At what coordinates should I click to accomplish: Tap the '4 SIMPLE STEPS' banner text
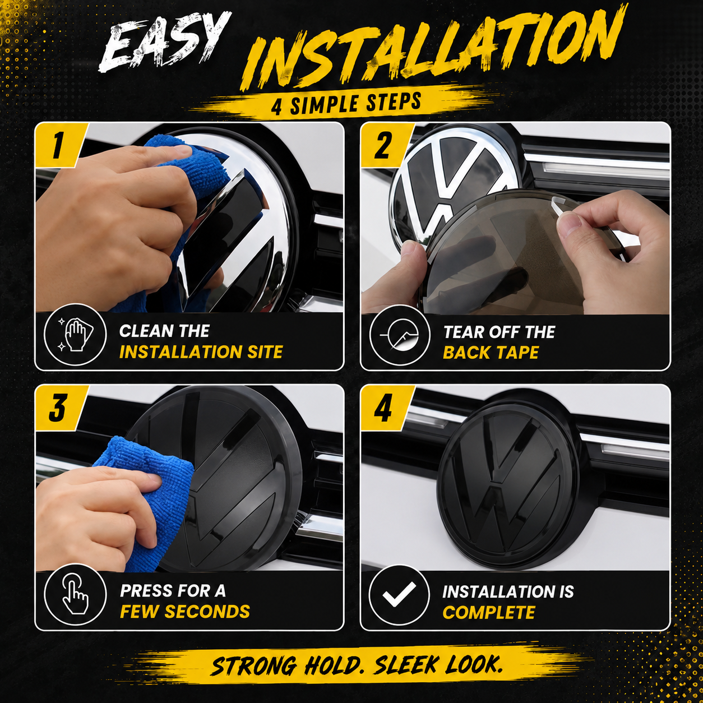coord(346,103)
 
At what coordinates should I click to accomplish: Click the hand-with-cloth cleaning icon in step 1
coord(75,334)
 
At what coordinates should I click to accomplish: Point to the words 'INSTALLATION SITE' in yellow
coord(201,352)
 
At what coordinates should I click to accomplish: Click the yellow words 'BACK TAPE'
coord(491,353)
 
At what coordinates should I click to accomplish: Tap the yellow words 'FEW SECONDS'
coord(185,612)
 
